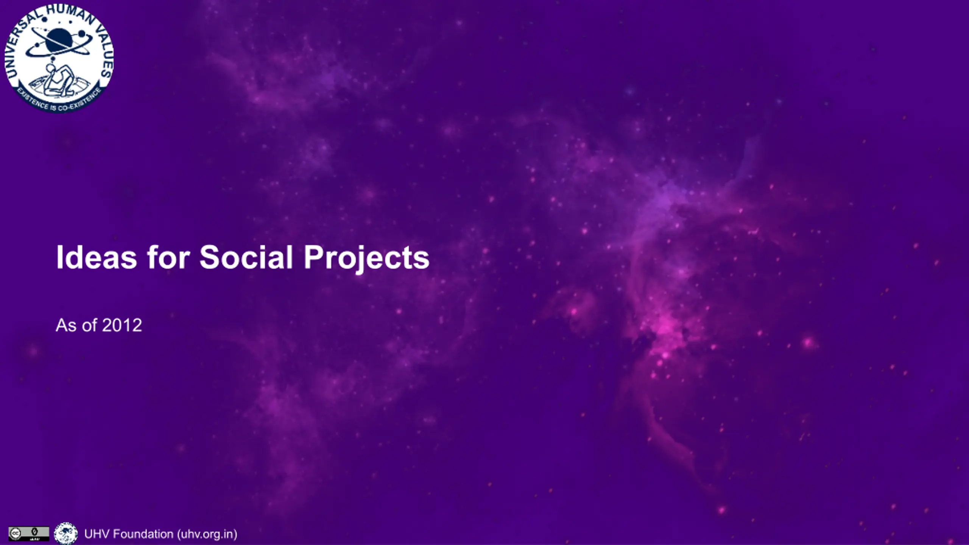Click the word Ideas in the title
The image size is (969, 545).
[x=97, y=257]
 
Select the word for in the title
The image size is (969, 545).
[x=168, y=257]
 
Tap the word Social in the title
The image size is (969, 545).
[x=246, y=257]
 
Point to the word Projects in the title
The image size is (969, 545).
[x=366, y=259]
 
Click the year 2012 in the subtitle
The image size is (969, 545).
[x=122, y=325]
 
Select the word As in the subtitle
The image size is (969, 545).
[x=66, y=325]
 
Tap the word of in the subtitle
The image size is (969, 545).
[x=89, y=325]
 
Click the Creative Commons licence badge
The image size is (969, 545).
[x=29, y=534]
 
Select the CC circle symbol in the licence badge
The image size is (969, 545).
[x=15, y=534]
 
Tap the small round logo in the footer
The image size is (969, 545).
[x=66, y=534]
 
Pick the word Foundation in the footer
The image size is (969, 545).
[x=143, y=534]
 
